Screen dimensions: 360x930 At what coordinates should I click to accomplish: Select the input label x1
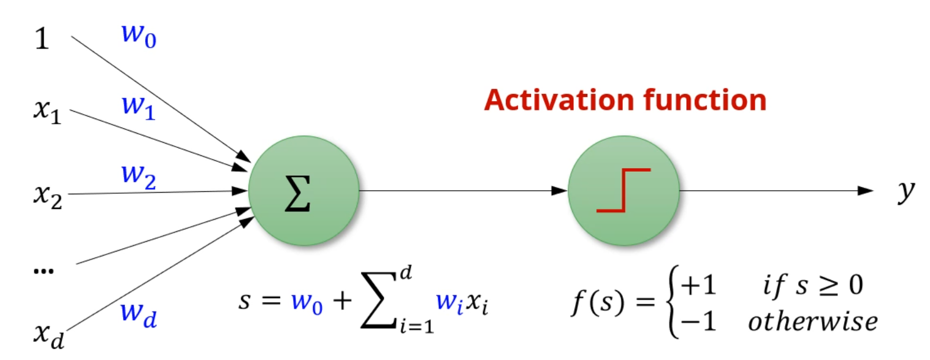[47, 112]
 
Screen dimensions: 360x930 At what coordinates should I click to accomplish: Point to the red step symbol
[623, 190]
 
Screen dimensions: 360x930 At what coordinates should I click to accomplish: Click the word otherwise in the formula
[812, 321]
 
